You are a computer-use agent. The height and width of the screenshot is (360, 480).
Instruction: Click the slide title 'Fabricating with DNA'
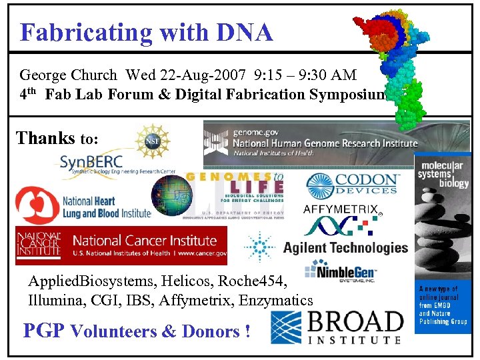pyautogui.click(x=146, y=32)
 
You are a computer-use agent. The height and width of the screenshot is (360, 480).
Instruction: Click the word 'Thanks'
pyautogui.click(x=45, y=138)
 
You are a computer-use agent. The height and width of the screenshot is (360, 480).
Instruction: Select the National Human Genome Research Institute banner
pyautogui.click(x=311, y=143)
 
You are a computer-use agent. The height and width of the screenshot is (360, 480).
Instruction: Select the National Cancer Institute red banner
pyautogui.click(x=121, y=245)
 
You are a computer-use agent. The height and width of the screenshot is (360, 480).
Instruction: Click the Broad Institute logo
pyautogui.click(x=337, y=327)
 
